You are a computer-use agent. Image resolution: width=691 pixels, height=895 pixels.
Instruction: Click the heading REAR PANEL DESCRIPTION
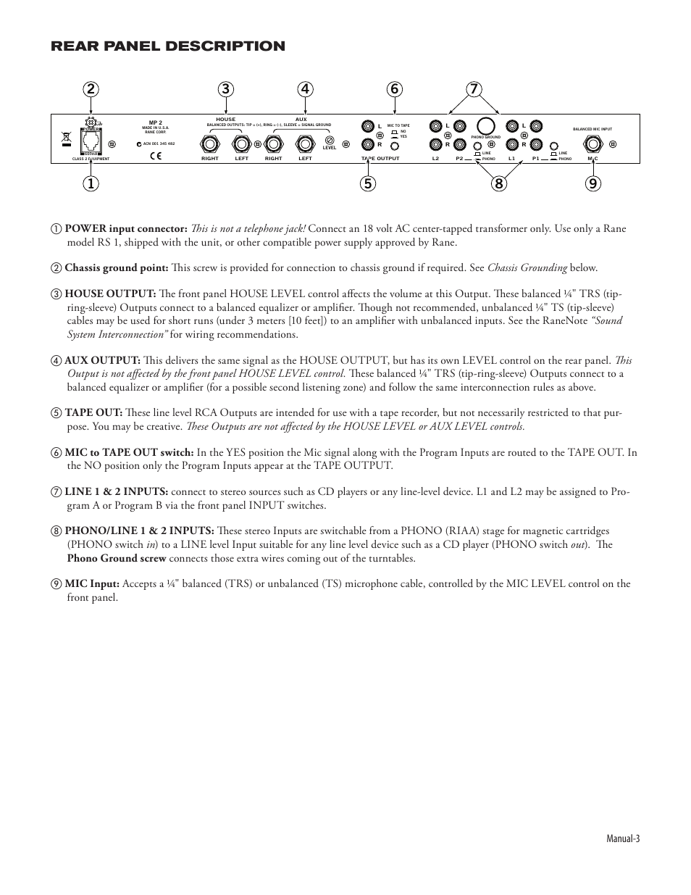click(x=168, y=46)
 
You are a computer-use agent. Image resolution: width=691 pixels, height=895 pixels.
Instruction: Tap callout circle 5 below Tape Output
click(x=369, y=183)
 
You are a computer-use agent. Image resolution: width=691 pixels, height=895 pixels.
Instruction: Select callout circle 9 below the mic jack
click(x=592, y=183)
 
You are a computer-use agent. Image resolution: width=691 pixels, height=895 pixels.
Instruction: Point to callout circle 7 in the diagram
click(x=474, y=89)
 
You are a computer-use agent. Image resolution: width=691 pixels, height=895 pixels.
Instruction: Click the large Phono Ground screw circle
click(x=486, y=125)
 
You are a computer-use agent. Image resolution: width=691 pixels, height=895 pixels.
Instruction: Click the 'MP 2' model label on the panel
click(x=155, y=122)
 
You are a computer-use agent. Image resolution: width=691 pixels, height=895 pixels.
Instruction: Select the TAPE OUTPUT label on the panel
click(x=380, y=158)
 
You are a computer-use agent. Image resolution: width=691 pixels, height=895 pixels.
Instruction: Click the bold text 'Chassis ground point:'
click(x=116, y=268)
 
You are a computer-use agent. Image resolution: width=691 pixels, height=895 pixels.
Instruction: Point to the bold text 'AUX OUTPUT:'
click(x=102, y=360)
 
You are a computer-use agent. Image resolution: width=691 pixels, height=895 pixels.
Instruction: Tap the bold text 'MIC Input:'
click(x=92, y=583)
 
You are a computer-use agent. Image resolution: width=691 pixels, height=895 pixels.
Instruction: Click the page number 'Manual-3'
click(x=623, y=838)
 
